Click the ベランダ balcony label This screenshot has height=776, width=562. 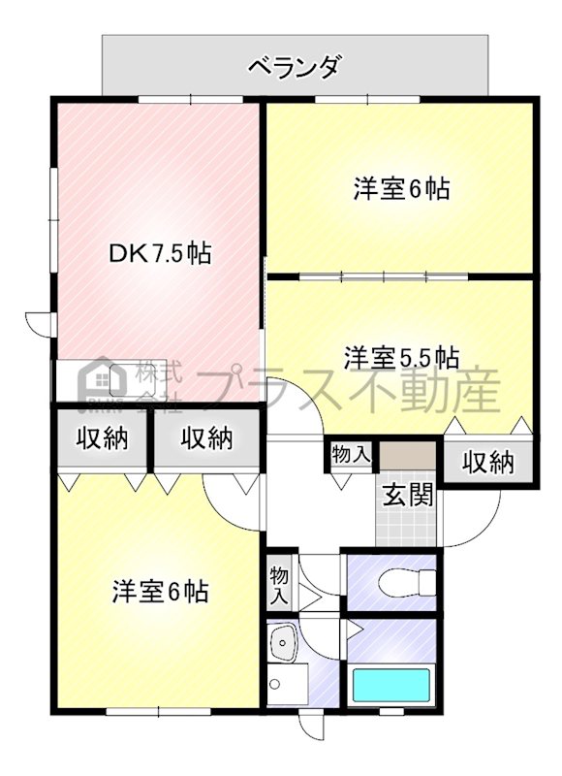[x=295, y=66]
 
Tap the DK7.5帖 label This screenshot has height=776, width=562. [x=160, y=253]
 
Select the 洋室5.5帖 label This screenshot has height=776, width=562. [x=401, y=358]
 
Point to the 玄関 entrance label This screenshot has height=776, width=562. [x=409, y=495]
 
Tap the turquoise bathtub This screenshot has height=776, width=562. [x=391, y=685]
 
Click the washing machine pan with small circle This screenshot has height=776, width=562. [x=288, y=684]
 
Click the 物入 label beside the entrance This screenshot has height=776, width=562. [x=351, y=454]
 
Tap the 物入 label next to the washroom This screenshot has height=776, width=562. [x=279, y=586]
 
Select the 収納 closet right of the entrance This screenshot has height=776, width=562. [x=487, y=463]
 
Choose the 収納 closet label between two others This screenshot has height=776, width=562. [x=206, y=437]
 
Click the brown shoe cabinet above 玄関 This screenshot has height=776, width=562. [x=407, y=455]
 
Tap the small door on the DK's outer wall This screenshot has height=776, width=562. [x=41, y=325]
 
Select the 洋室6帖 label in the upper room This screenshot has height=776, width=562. [x=401, y=188]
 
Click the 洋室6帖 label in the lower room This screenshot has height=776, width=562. [x=161, y=591]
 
